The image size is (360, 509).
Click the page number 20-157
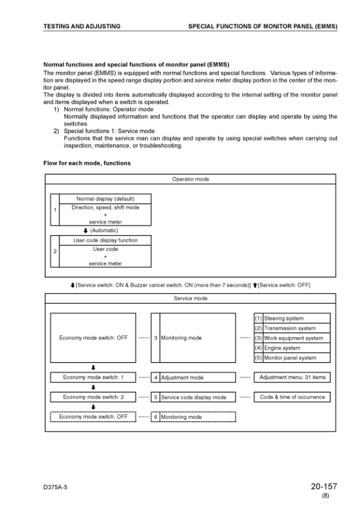(x=324, y=485)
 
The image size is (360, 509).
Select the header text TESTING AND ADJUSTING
(x=82, y=27)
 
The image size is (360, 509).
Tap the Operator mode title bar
(x=191, y=179)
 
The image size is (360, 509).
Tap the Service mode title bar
(x=191, y=298)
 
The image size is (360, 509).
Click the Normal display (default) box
(x=105, y=199)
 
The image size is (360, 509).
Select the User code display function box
(x=105, y=240)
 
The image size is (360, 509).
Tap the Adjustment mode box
(x=197, y=377)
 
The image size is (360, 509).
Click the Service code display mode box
(x=197, y=397)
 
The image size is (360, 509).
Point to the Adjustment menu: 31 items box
(x=292, y=377)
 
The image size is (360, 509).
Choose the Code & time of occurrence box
(x=292, y=397)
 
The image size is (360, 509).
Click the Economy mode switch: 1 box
(x=93, y=377)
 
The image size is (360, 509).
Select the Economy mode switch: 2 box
(x=93, y=397)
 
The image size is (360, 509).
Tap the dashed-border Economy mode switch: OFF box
(x=93, y=417)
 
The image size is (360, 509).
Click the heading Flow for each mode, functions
(x=87, y=163)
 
